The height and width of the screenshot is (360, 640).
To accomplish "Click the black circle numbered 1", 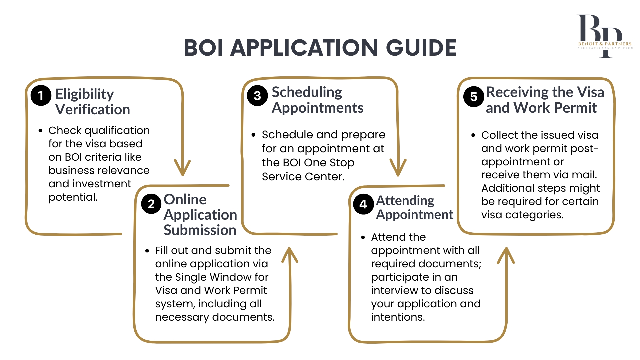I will [41, 96].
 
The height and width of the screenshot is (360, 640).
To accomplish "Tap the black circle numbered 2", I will [151, 204].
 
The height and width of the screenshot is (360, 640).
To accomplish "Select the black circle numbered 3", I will [257, 96].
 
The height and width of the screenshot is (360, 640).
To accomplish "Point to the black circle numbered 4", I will [363, 204].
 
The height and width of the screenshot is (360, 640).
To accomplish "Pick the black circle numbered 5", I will [473, 97].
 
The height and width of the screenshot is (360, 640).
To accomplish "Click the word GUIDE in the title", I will [421, 48].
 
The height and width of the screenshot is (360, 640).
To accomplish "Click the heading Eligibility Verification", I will [92, 102].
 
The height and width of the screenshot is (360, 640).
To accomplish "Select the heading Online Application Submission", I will [200, 215].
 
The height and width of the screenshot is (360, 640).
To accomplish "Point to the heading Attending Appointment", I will [414, 207].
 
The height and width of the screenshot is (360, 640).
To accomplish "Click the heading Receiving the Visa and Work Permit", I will [544, 100].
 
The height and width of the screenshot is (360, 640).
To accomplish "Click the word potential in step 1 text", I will [73, 197].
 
